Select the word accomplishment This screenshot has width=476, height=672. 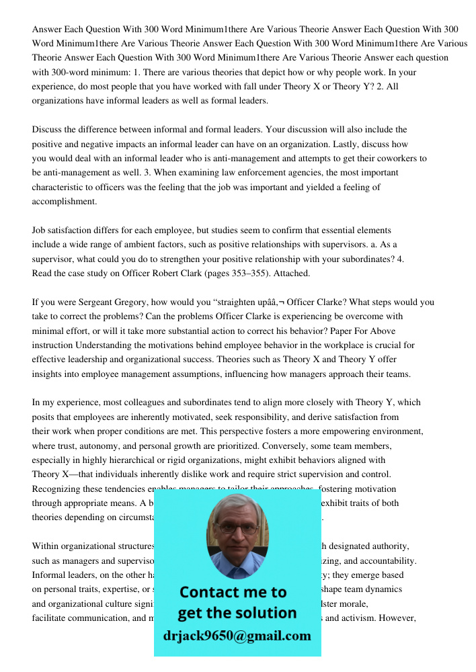pyautogui.click(x=64, y=201)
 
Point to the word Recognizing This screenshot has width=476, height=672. pyautogui.click(x=58, y=489)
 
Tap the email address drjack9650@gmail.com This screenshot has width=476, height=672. pyautogui.click(x=237, y=636)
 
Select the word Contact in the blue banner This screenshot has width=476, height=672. pyautogui.click(x=213, y=592)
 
